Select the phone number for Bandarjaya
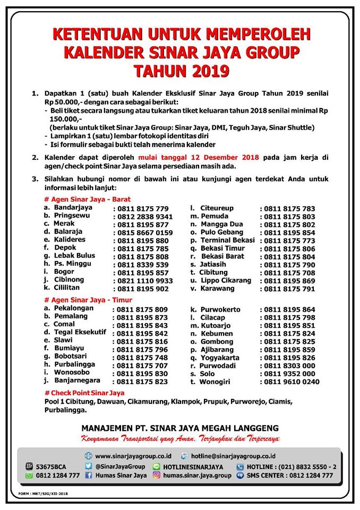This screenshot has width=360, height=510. (x=142, y=209)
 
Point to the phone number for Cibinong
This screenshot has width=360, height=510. (x=144, y=280)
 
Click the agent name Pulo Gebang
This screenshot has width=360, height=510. (x=222, y=232)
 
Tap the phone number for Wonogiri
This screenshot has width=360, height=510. (x=292, y=381)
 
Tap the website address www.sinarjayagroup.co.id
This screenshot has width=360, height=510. (x=133, y=456)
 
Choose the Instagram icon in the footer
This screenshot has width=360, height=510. (x=157, y=475)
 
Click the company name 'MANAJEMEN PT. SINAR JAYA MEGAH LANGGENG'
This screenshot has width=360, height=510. (x=180, y=428)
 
